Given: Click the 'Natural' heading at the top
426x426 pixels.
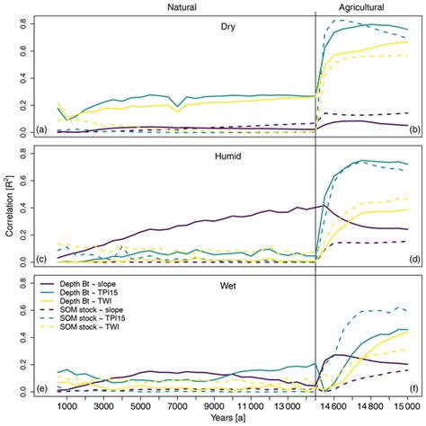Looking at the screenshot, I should [182, 7].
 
